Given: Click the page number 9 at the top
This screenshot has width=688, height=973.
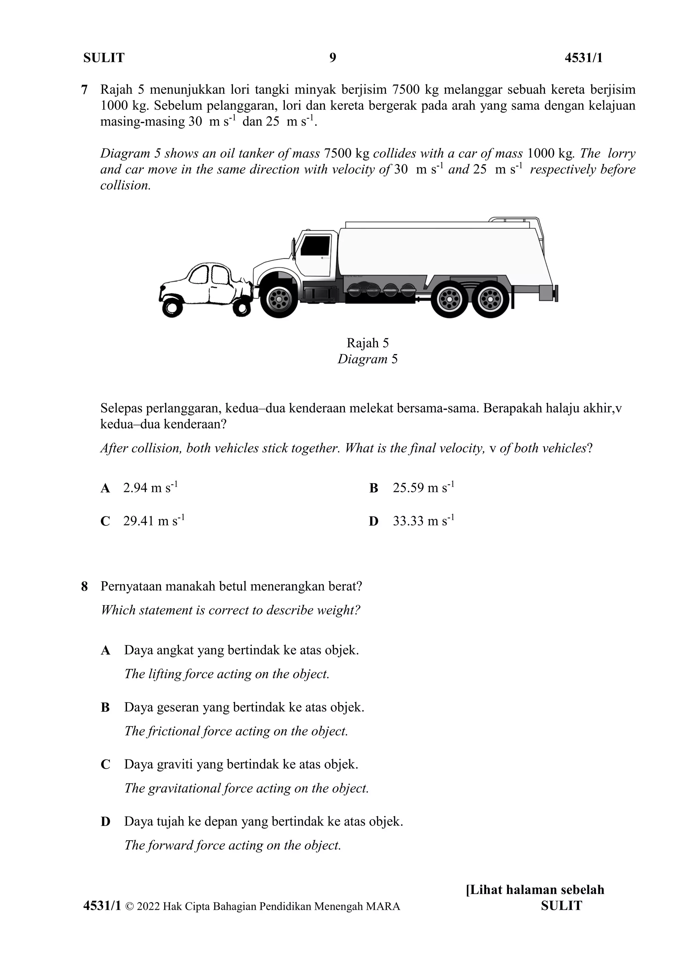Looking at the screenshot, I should point(333,58).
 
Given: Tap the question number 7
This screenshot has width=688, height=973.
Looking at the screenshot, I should point(84,90).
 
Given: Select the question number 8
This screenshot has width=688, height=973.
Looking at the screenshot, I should point(84,587).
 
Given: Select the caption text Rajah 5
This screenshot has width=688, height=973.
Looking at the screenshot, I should point(367,343).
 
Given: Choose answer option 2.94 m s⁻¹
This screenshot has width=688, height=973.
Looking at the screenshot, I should point(150,488).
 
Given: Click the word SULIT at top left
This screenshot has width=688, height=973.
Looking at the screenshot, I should point(104,58).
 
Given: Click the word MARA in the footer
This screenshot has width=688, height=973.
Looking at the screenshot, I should point(383,906).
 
